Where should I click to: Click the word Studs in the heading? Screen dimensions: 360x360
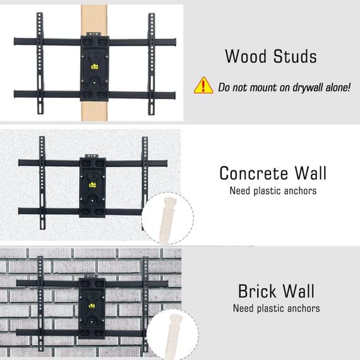[295, 56]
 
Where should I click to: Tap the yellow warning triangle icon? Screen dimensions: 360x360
[203, 85]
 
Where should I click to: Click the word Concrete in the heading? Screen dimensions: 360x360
[253, 173]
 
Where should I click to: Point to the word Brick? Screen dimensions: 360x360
[257, 291]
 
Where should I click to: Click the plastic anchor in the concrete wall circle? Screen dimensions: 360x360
[167, 220]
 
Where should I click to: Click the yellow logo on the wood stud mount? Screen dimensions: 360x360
[95, 66]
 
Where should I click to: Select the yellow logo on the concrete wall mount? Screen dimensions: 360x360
[92, 185]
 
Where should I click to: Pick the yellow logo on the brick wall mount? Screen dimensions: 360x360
[92, 306]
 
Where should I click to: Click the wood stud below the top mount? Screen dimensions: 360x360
[94, 111]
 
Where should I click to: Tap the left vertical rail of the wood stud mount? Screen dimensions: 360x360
[40, 63]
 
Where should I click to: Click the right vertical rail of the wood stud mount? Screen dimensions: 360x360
[152, 64]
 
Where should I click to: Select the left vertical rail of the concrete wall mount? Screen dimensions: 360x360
[42, 183]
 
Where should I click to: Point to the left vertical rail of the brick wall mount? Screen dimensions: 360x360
[40, 304]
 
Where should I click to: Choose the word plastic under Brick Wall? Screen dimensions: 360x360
[271, 309]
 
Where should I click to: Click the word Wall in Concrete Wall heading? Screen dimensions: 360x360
[310, 173]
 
